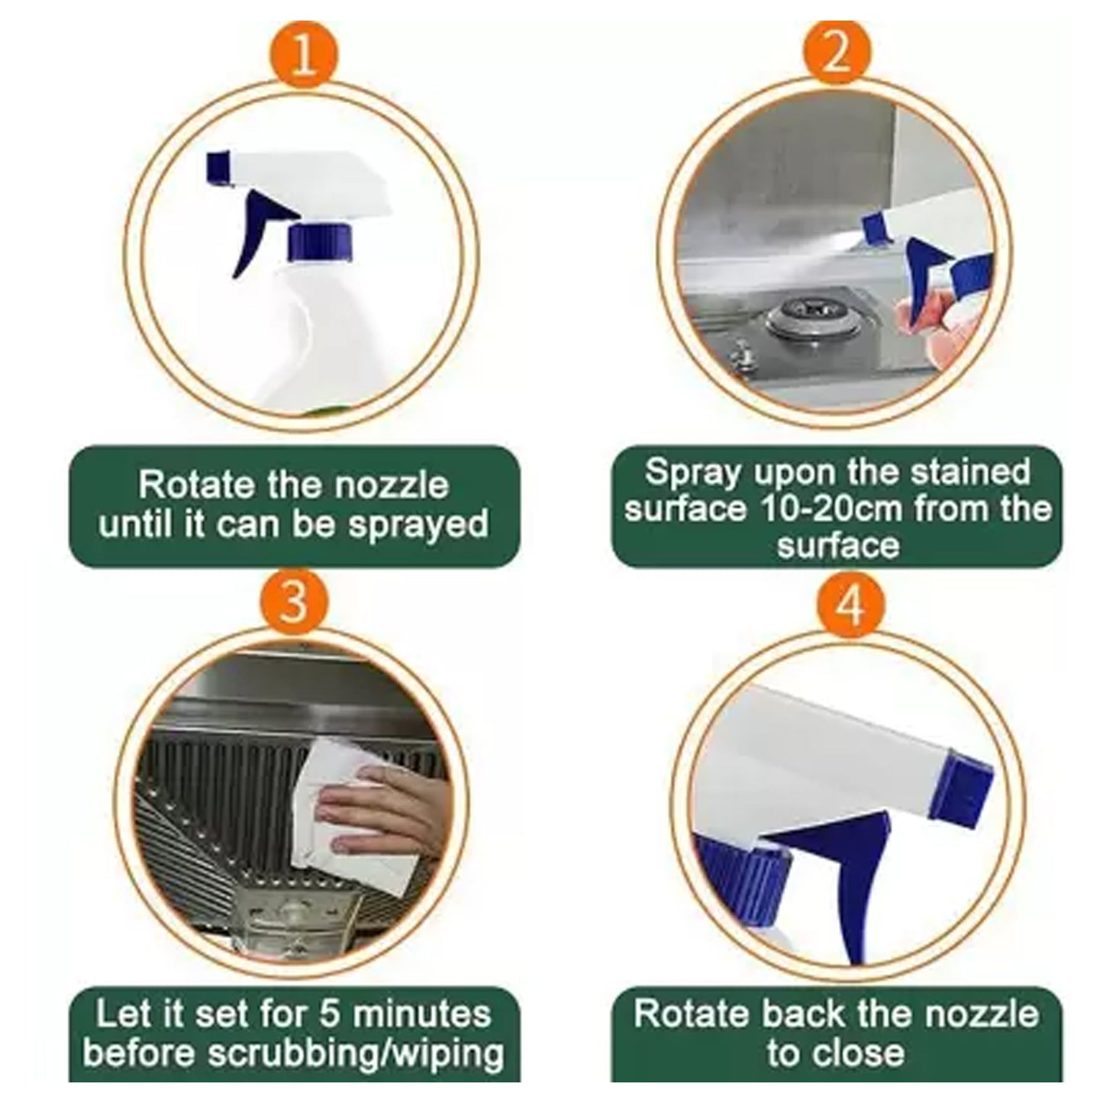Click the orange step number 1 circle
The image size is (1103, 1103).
tap(303, 56)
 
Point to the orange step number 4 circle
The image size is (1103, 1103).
tap(850, 607)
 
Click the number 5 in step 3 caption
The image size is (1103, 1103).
tap(328, 1014)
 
